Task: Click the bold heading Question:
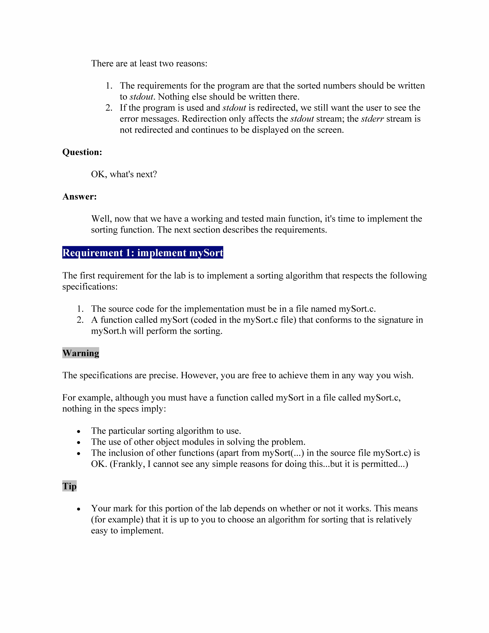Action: coord(82,152)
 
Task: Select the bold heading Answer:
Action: coord(79,197)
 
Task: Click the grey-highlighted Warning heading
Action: coord(81,353)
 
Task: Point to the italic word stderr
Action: coord(372,119)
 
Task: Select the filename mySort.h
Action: coord(109,331)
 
